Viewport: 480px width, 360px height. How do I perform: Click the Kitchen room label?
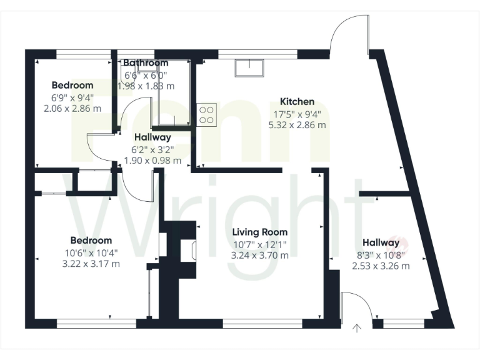(297, 102)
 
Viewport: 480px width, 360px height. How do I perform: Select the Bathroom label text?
(146, 63)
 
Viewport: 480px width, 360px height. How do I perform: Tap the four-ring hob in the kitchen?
(206, 114)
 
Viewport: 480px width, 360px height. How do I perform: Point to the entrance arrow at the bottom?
(357, 328)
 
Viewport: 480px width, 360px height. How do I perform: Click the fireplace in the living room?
(187, 251)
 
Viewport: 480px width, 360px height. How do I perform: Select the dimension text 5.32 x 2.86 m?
(297, 124)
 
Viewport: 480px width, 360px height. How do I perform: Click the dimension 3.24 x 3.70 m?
(260, 255)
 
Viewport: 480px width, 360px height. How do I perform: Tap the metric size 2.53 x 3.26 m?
(381, 266)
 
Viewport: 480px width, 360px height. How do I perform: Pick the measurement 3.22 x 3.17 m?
(91, 263)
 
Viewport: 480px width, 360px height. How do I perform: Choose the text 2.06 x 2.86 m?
(72, 108)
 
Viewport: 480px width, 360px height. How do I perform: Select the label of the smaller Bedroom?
(72, 85)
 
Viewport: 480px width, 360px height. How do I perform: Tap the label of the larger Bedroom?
(91, 240)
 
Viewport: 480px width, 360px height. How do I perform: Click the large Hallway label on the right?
(381, 242)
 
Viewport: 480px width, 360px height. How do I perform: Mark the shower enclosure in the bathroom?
(173, 94)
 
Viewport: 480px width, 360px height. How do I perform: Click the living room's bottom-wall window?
(262, 323)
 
